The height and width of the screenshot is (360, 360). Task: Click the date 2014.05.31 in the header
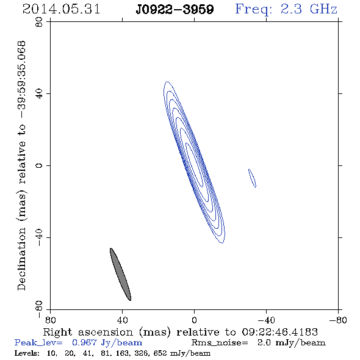[x=61, y=9]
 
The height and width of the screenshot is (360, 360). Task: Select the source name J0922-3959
[x=175, y=10]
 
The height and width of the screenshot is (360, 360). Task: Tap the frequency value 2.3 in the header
[x=291, y=9]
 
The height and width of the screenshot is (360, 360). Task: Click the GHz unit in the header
[x=323, y=9]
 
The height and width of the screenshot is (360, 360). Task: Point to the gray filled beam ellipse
[x=121, y=275]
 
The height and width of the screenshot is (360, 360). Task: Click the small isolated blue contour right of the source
[x=252, y=178]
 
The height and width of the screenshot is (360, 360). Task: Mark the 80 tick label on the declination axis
[x=40, y=22]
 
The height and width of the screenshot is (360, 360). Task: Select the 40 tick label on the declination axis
[x=40, y=94]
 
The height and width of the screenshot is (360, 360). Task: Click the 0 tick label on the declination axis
[x=40, y=165]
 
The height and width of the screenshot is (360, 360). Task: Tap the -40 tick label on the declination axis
[x=40, y=237]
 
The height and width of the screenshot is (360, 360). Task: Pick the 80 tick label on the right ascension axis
[x=50, y=320]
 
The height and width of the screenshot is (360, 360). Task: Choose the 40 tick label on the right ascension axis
[x=122, y=320]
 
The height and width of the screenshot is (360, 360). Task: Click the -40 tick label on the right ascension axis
[x=266, y=320]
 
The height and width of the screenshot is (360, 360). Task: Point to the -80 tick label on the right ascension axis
[x=338, y=320]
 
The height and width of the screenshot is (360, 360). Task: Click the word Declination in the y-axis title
[x=21, y=259]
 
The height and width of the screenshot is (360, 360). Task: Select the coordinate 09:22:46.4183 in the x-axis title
[x=279, y=332]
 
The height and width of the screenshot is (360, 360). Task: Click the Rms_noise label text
[x=220, y=343]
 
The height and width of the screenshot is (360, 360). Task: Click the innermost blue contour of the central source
[x=194, y=165]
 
